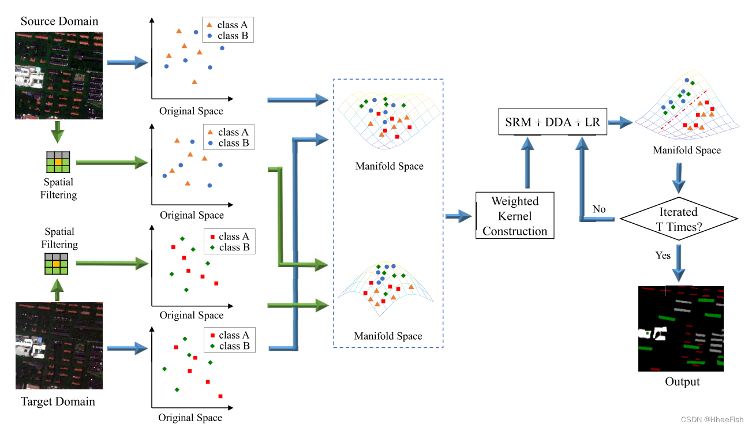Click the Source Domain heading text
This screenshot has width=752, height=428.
(59, 21)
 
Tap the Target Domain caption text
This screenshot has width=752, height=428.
(58, 401)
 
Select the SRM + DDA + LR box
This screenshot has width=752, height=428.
(552, 123)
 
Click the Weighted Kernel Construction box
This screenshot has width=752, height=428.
(515, 216)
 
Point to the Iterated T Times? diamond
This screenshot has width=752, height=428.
(679, 219)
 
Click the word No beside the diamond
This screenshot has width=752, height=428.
(599, 209)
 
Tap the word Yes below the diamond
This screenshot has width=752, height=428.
(663, 255)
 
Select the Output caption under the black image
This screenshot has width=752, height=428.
(682, 382)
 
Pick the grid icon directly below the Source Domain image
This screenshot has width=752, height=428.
(58, 163)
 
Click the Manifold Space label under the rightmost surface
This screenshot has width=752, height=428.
(687, 151)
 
